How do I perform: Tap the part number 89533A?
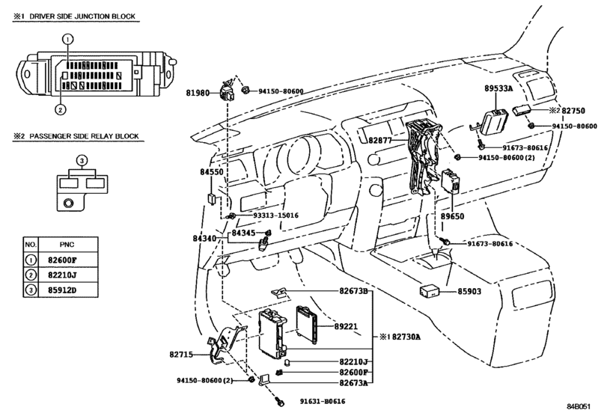click(499, 88)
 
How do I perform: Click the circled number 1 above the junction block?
click(67, 37)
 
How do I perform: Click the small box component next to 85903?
click(430, 291)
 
